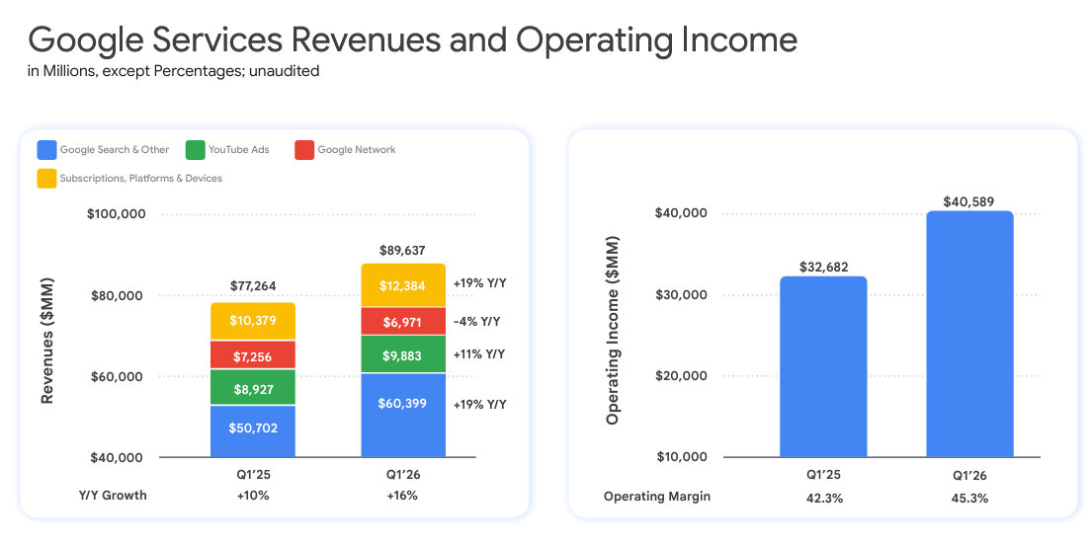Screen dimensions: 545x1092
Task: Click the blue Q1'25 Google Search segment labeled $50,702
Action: [253, 431]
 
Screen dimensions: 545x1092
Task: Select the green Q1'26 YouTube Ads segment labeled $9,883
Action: [403, 353]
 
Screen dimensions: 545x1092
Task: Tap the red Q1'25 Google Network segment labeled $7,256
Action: [253, 354]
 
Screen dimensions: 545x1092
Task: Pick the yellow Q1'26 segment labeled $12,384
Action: [403, 285]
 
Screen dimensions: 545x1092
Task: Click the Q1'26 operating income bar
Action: [969, 336]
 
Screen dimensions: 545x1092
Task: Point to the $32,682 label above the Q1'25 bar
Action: [823, 267]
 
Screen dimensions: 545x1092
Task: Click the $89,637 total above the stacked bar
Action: [402, 251]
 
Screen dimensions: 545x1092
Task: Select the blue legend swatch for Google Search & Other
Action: [46, 150]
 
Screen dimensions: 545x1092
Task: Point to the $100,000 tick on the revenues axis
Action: [118, 214]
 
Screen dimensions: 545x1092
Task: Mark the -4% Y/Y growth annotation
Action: [476, 321]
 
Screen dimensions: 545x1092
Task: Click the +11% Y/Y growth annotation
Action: [478, 353]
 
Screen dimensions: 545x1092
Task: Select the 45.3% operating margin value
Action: [969, 498]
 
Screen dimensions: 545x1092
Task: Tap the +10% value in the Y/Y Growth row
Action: [253, 496]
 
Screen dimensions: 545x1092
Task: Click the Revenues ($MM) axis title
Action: [46, 342]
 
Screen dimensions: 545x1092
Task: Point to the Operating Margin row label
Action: [656, 497]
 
